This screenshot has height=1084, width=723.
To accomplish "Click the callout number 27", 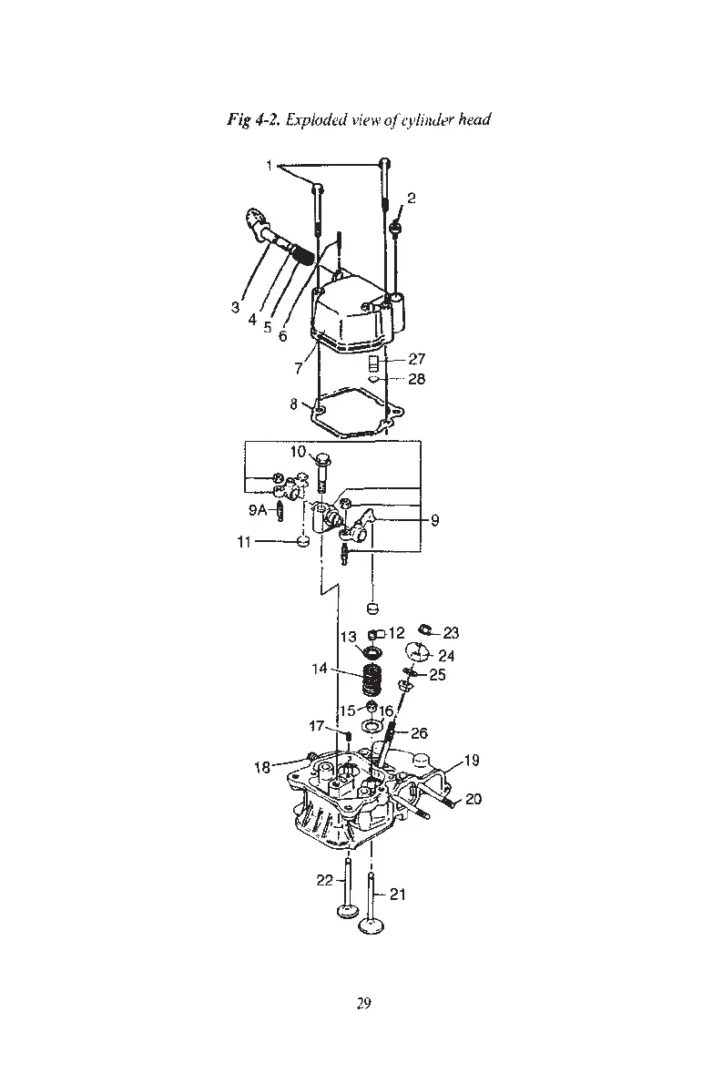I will point(416,360).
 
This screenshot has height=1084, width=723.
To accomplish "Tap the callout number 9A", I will point(257,511).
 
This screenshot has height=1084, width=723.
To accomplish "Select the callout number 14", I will point(320,669).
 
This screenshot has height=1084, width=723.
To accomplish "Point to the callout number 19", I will point(472,761).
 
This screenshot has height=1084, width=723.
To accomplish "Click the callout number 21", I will point(397,895).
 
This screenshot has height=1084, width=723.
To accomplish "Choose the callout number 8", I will point(294,404).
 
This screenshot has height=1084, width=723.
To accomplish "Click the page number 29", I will point(363,1003).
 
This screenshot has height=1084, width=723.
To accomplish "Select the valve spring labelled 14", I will point(372,680).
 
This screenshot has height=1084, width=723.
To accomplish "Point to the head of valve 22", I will point(347,912).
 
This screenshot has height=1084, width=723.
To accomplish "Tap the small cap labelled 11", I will point(304,543).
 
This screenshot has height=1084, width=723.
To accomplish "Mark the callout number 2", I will point(412,199).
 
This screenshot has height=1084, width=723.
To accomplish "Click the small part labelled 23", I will point(423,629).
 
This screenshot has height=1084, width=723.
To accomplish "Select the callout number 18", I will point(262,768).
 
